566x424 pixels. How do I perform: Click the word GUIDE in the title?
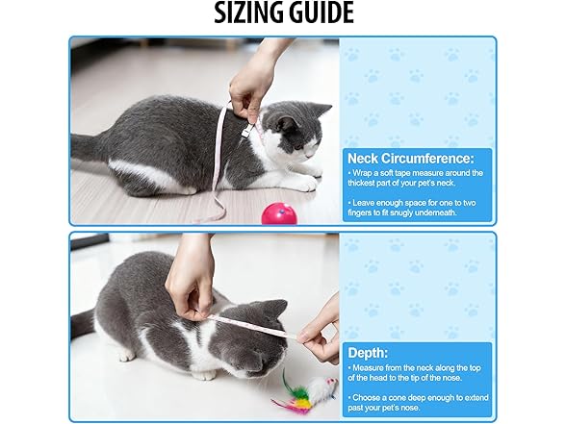click(320, 14)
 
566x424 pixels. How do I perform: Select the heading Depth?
click(367, 352)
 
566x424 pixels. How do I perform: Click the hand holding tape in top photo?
click(253, 82)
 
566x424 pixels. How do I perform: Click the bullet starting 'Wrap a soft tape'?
click(417, 178)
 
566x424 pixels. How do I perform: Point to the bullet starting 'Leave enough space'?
click(417, 206)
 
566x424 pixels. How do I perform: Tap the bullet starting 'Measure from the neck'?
click(417, 374)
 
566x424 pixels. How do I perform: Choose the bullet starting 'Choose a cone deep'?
click(417, 401)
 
